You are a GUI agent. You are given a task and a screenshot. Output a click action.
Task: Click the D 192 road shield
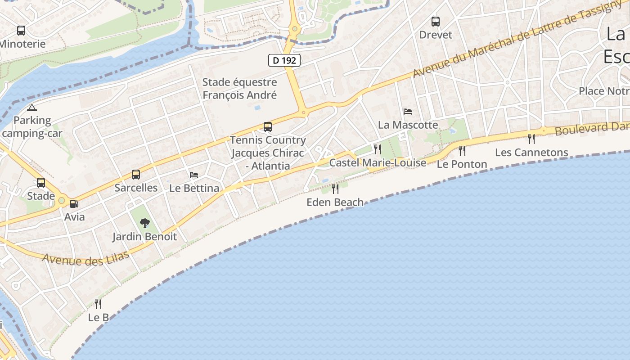coord(284,60)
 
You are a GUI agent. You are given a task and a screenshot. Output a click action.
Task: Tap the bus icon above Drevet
coord(435,21)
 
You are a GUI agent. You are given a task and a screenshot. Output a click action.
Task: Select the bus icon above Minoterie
coord(21,31)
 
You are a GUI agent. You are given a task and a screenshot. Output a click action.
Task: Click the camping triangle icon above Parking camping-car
coord(31,108)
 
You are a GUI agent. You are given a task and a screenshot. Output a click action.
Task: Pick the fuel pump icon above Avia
coord(74,204)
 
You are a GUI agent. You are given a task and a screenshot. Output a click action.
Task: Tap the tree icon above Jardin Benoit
coord(144,223)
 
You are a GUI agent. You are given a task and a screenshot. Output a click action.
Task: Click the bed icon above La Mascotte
coord(408,111)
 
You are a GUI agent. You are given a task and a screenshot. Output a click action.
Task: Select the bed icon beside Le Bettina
coord(194,175)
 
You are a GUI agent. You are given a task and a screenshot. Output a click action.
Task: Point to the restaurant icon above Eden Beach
coord(335,189)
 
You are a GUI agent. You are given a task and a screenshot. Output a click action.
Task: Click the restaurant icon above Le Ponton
coord(462,150)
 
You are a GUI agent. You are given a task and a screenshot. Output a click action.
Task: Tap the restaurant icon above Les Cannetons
coord(531,139)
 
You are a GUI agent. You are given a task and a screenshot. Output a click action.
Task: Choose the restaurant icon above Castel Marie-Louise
coord(378,149)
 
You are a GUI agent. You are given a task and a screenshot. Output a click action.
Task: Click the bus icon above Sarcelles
coord(135,175)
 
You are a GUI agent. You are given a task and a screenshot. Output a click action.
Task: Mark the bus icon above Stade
coord(41,183)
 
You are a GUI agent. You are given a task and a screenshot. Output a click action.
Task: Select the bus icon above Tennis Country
coord(268,127)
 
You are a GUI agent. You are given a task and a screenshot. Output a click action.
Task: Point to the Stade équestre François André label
coord(239,89)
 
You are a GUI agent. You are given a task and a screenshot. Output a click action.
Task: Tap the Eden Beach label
coord(335,202)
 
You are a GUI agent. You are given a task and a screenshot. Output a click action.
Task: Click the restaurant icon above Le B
coord(98,304)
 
